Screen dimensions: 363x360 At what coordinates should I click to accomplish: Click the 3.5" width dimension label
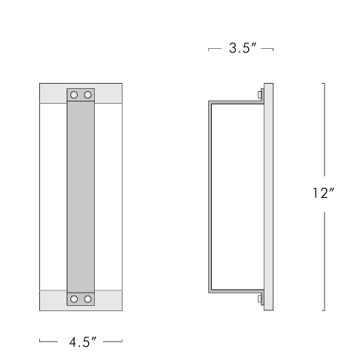pos(242,49)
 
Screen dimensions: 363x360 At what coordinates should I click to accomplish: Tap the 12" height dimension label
pos(324,194)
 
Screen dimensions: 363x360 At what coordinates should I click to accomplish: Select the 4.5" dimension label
pos(81,342)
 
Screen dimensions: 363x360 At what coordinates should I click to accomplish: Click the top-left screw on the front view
pos(74,96)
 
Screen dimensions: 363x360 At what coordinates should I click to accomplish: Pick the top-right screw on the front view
pos(87,96)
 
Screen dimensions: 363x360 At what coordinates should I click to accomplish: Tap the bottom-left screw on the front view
pos(74,299)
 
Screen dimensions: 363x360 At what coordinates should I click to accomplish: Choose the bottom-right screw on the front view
pos(87,299)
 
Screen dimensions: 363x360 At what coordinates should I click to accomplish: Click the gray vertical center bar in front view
pos(81,197)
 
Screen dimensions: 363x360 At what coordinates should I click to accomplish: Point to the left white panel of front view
pos(53,197)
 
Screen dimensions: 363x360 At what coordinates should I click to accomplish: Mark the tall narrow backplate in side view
pos(267,197)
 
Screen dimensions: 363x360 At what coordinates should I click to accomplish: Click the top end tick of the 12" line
pos(324,84)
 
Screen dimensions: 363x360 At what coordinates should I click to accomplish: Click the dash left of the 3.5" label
pos(216,50)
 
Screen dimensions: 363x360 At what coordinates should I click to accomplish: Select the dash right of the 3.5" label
pos(268,50)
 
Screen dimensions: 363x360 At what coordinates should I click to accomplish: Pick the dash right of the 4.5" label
pos(113,342)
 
